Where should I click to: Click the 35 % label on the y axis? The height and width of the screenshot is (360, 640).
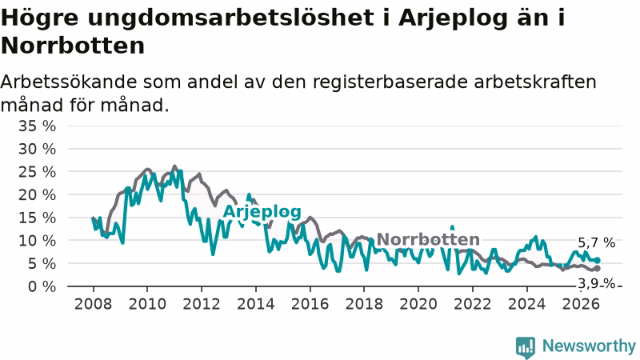(x=37, y=126)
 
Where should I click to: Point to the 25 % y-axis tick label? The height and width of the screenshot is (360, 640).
(x=37, y=172)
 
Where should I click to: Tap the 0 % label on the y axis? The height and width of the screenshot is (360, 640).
(x=42, y=286)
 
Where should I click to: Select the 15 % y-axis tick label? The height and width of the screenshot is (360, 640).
(x=37, y=218)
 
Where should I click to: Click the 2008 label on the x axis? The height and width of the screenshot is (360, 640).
(x=93, y=304)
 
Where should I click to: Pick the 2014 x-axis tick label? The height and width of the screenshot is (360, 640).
(x=256, y=304)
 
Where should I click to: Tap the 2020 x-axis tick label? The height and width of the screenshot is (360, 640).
(x=418, y=304)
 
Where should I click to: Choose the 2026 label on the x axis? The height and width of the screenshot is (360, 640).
(x=581, y=304)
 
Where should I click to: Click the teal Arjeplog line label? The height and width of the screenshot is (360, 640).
(x=262, y=212)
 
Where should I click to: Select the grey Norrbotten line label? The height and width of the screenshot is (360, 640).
(x=428, y=239)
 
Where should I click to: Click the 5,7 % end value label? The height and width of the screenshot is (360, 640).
(x=596, y=243)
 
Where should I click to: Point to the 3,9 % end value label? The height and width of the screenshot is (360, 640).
(x=596, y=283)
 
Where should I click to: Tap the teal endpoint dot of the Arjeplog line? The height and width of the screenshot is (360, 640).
(x=597, y=261)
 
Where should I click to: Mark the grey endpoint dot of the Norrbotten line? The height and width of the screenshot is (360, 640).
(x=597, y=269)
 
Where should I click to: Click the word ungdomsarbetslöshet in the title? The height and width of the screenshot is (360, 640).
(x=230, y=18)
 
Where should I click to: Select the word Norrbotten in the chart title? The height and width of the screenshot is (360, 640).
(x=73, y=46)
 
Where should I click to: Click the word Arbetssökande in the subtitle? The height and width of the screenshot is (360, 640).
(x=69, y=82)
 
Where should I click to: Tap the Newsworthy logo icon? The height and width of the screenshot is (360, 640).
(x=526, y=347)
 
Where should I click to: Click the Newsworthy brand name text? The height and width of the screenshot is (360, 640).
(x=589, y=346)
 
